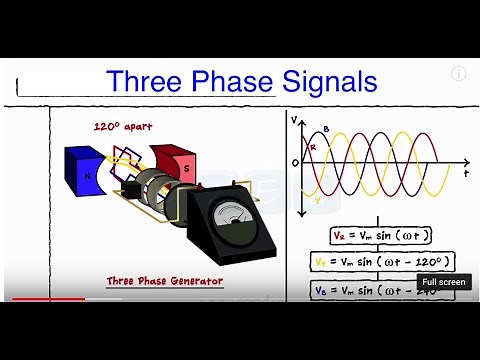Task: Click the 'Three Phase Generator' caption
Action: [x=164, y=282]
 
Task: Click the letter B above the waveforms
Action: [x=325, y=130]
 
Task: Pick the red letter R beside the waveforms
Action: [x=313, y=147]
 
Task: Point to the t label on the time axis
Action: [x=466, y=174]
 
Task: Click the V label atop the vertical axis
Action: [x=294, y=119]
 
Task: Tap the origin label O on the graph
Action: [x=294, y=163]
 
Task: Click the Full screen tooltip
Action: [x=444, y=283]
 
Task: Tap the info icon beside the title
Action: [x=459, y=73]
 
